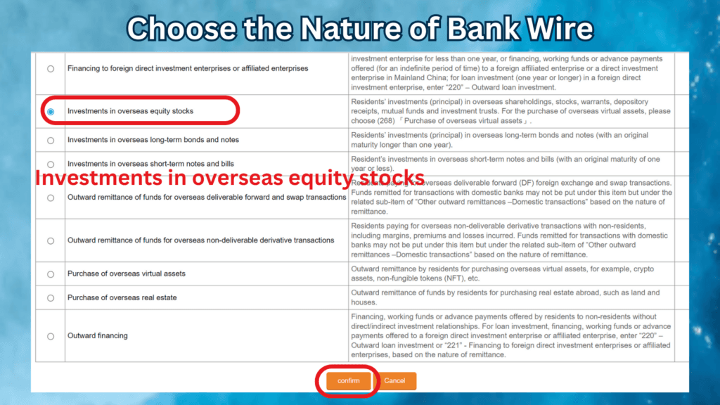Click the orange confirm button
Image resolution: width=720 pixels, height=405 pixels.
(x=348, y=381)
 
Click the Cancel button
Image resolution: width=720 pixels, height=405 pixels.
(x=394, y=381)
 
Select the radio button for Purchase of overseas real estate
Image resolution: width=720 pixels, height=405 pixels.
(x=51, y=298)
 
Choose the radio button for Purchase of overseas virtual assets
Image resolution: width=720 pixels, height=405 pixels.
(x=51, y=274)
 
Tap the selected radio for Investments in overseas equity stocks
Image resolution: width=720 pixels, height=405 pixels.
(x=51, y=112)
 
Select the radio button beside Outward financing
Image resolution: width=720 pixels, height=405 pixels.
(x=51, y=336)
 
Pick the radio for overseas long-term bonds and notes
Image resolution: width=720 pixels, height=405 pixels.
(x=51, y=141)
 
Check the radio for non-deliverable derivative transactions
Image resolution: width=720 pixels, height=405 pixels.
(x=51, y=240)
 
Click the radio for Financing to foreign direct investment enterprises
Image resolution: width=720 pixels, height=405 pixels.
(x=51, y=69)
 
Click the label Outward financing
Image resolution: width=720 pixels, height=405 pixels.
(x=98, y=336)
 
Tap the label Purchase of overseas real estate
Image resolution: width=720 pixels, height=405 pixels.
(x=122, y=298)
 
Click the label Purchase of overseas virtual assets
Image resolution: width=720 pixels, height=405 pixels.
(x=127, y=274)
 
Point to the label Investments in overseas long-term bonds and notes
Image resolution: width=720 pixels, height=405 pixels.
(x=153, y=141)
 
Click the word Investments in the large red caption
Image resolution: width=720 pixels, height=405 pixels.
(x=91, y=177)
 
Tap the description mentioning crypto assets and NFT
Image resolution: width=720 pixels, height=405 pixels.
(x=503, y=274)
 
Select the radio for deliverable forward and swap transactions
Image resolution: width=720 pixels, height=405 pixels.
(x=51, y=198)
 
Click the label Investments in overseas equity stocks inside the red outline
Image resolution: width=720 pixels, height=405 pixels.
(x=130, y=112)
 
